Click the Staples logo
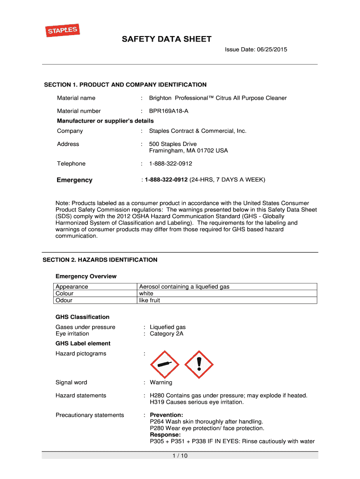coord(61,31)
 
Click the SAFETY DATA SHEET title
coord(167,39)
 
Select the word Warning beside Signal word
coord(161,382)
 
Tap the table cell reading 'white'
coord(146,293)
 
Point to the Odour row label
coord(64,300)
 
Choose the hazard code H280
coord(157,395)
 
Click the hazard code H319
coord(157,402)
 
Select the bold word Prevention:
coord(166,415)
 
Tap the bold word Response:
coord(165,435)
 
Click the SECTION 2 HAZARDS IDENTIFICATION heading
coord(100,260)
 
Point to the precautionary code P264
coord(157,421)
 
